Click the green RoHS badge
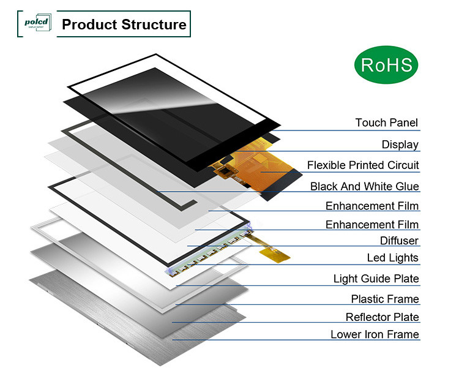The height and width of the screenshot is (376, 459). (387, 65)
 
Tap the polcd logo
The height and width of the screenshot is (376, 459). (36, 24)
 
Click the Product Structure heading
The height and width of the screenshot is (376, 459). (124, 24)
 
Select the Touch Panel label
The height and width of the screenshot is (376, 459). (387, 122)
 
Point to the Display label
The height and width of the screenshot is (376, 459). (400, 145)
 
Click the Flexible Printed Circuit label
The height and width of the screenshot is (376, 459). (363, 165)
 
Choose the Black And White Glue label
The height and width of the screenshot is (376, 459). (364, 186)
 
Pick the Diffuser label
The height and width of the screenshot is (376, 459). (399, 241)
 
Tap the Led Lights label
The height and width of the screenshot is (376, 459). (392, 258)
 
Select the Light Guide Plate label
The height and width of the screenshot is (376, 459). (376, 279)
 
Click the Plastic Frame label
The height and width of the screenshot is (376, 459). (385, 299)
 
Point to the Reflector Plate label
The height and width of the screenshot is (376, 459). (382, 317)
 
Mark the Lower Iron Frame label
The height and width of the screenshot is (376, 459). (375, 334)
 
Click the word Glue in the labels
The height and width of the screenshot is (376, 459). (408, 186)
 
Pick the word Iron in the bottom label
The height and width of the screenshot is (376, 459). (376, 334)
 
